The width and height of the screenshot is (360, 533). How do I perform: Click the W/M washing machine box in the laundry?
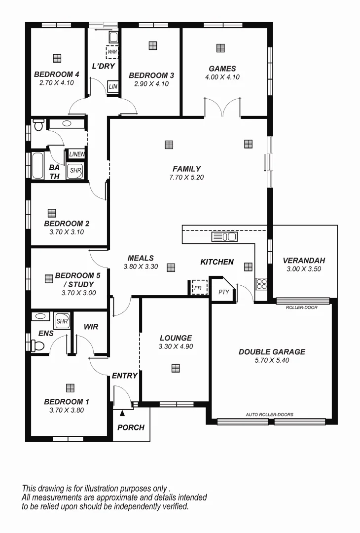tap(112, 52)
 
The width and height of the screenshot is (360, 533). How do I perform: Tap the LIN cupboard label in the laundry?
tap(112, 87)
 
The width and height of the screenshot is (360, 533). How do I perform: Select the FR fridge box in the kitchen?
tap(199, 287)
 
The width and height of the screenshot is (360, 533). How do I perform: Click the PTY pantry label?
tap(223, 292)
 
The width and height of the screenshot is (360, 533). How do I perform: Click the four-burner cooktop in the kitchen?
tap(261, 284)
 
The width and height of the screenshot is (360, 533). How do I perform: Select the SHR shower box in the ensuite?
tap(62, 321)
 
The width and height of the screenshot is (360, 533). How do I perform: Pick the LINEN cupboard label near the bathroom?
tap(76, 154)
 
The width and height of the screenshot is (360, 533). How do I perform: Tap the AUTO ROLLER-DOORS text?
tap(269, 415)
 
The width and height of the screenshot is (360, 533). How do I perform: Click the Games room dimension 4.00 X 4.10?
tap(222, 77)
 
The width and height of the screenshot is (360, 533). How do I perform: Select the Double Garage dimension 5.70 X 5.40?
tap(272, 360)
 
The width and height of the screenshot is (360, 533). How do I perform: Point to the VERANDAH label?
tap(304, 261)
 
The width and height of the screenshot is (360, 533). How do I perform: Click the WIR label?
tap(91, 327)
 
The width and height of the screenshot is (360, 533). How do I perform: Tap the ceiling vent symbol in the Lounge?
tap(176, 368)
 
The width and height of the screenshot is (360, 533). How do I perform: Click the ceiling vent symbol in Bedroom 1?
tap(70, 388)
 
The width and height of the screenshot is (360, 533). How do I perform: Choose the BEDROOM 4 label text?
tap(57, 75)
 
